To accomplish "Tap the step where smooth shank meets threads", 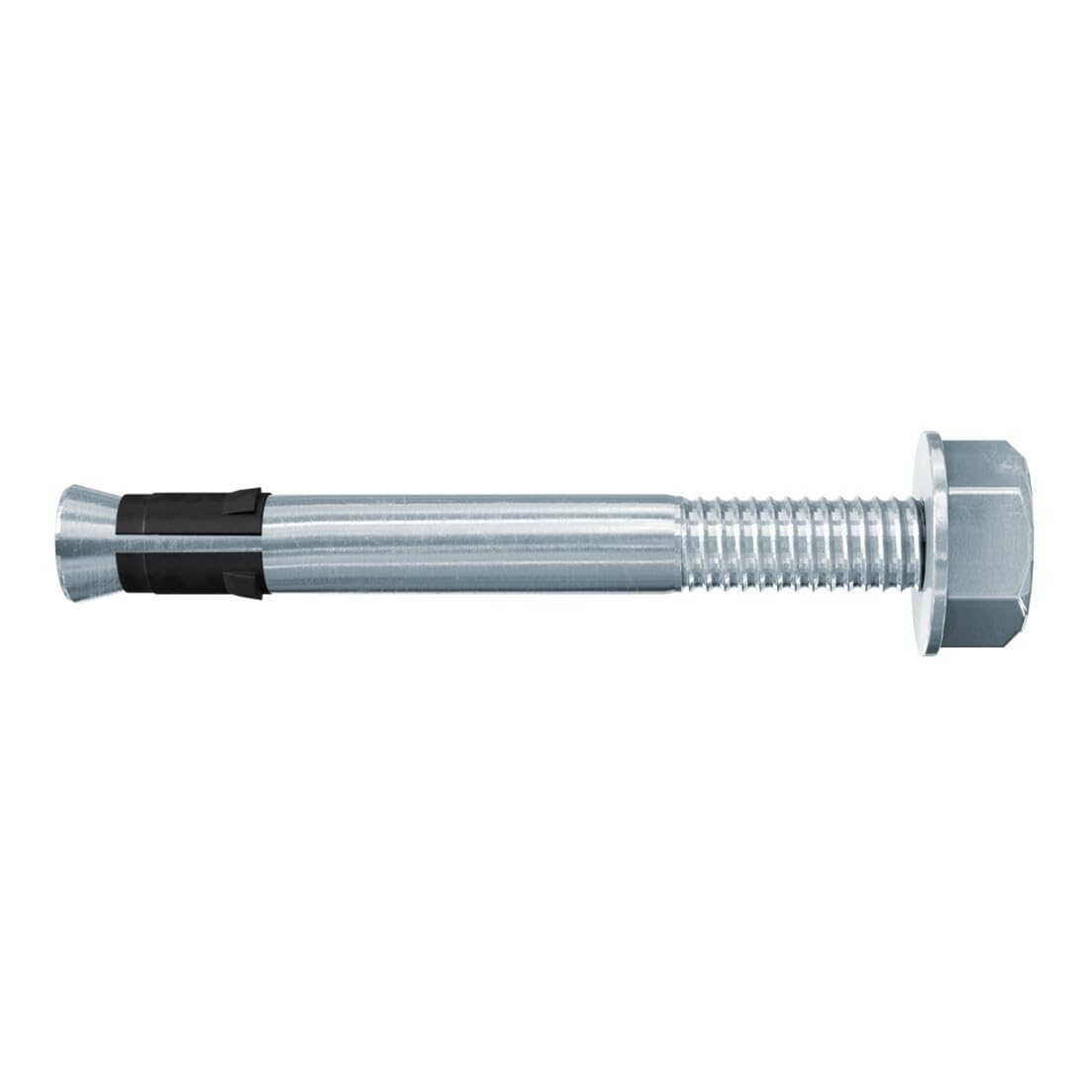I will pyautogui.click(x=682, y=543).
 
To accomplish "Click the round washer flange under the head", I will pyautogui.click(x=932, y=543).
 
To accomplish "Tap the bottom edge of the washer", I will pyautogui.click(x=932, y=649).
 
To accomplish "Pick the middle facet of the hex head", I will pyautogui.click(x=985, y=543).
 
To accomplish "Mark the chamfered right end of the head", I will pyautogui.click(x=1030, y=543).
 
